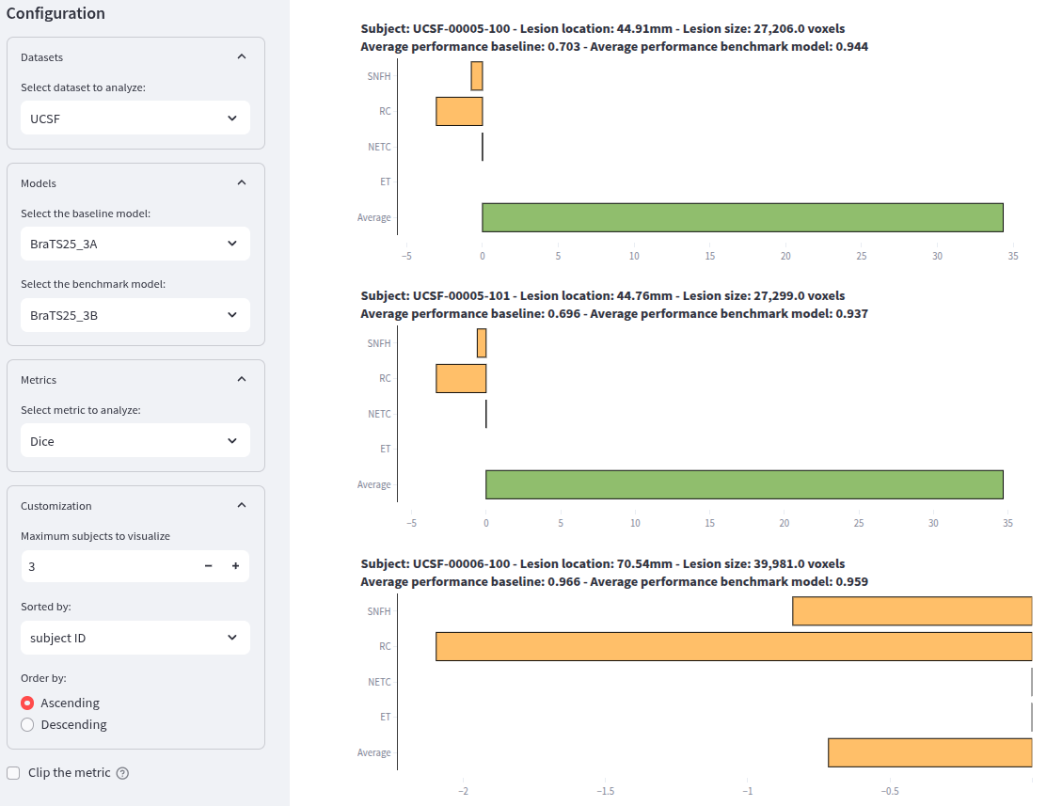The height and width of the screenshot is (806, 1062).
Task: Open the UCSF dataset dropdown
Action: pyautogui.click(x=135, y=119)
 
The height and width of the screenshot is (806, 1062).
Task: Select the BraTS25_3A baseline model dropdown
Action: pyautogui.click(x=135, y=244)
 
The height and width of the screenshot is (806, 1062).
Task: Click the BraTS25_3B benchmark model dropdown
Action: pyautogui.click(x=135, y=315)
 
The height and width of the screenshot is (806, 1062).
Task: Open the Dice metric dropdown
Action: pyautogui.click(x=135, y=440)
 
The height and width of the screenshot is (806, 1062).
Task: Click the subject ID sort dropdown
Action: pyautogui.click(x=135, y=638)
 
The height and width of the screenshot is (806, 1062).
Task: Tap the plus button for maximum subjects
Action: pyautogui.click(x=235, y=566)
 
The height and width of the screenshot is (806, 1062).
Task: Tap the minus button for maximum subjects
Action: pyautogui.click(x=208, y=566)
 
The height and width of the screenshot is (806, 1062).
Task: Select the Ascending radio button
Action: pyautogui.click(x=27, y=703)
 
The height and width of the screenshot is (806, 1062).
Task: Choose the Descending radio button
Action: pyautogui.click(x=27, y=724)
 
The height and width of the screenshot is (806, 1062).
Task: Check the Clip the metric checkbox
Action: pyautogui.click(x=13, y=772)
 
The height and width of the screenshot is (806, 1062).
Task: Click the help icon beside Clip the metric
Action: pyautogui.click(x=122, y=773)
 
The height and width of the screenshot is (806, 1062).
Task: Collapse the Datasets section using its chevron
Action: pyautogui.click(x=242, y=56)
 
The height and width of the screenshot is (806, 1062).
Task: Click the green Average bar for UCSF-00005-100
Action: pyautogui.click(x=742, y=217)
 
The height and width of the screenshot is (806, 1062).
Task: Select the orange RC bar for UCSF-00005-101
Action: pyautogui.click(x=461, y=378)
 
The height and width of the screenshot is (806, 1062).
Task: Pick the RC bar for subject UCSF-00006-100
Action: pyautogui.click(x=734, y=646)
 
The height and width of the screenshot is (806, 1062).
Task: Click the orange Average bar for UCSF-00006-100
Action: pyautogui.click(x=929, y=752)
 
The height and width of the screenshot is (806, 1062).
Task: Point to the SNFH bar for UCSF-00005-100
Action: pyautogui.click(x=477, y=76)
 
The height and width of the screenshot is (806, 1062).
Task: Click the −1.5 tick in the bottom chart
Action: pyautogui.click(x=605, y=791)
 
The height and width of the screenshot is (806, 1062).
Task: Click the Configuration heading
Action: pyautogui.click(x=55, y=14)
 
